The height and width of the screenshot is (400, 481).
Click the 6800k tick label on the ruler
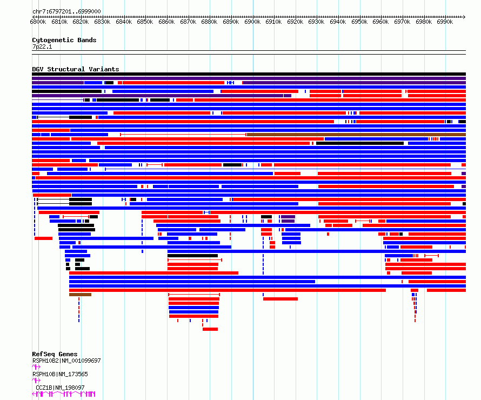pos(38,22)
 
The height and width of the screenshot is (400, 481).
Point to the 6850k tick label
pos(145,22)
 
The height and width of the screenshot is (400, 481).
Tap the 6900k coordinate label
pos(252,22)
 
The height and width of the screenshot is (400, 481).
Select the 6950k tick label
pos(359,22)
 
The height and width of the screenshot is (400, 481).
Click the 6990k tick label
pos(445,22)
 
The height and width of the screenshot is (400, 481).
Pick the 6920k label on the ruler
pos(295,22)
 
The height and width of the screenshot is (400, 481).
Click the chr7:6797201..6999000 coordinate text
pos(66,12)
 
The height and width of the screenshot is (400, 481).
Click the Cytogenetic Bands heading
pos(64,40)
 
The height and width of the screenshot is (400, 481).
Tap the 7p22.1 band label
pos(42,46)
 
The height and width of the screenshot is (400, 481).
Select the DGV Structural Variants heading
pos(76,69)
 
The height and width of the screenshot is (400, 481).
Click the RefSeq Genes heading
pos(55,354)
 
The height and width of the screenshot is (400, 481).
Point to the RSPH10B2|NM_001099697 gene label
pos(66,361)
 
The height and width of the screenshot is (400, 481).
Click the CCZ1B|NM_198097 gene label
pos(60,388)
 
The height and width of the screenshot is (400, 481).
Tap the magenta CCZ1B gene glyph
pos(64,394)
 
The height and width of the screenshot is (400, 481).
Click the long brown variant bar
pos(357,135)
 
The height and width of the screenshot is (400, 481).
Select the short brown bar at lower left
pos(80,295)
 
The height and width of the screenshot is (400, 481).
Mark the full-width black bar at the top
pos(249,74)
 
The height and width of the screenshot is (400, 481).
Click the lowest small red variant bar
pos(210,329)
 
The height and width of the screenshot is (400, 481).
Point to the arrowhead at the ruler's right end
pos(464,17)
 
